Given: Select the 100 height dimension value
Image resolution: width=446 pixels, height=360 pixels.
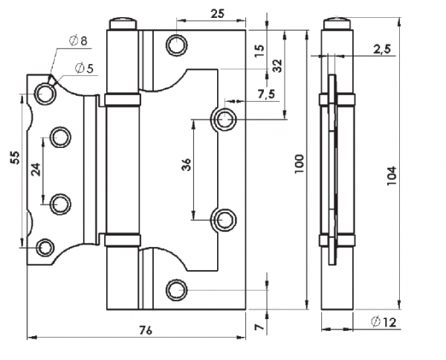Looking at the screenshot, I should point(300,164).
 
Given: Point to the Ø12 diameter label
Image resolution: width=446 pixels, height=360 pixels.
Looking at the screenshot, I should point(381,322).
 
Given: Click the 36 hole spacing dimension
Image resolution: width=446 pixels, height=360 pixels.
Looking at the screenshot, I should point(187,165).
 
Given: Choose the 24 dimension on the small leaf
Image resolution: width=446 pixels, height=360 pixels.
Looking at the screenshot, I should point(36,169).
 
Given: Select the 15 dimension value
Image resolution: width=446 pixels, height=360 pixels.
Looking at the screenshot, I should point(259,51).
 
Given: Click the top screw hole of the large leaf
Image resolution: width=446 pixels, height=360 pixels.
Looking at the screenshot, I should point(178,45).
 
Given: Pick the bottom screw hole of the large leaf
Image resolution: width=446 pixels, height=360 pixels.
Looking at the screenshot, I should point(178,288).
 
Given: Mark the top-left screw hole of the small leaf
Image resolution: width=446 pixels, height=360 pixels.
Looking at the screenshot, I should point(45,93).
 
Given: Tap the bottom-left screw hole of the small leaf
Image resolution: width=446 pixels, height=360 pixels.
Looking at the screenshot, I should point(45,247).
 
